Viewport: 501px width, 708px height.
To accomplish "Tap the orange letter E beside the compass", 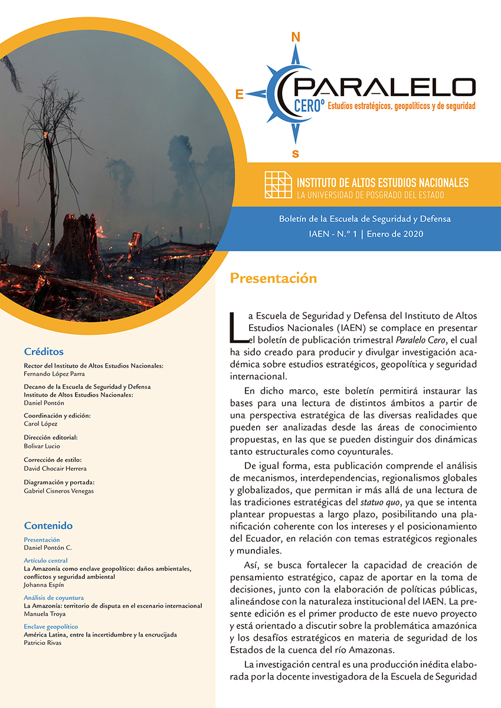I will [240, 94].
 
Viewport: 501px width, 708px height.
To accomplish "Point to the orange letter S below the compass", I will [296, 154].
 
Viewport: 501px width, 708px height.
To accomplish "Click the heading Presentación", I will [273, 278].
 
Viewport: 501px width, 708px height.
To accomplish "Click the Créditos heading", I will [44, 352].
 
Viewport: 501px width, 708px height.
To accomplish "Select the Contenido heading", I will [48, 526].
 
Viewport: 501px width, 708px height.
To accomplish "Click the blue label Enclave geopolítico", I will [51, 627].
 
